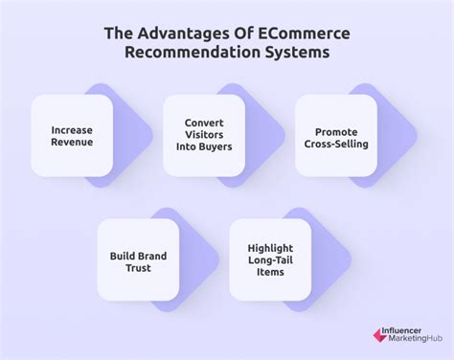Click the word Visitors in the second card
203,135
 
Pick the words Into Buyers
203,149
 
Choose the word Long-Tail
269,260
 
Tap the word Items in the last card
269,275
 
